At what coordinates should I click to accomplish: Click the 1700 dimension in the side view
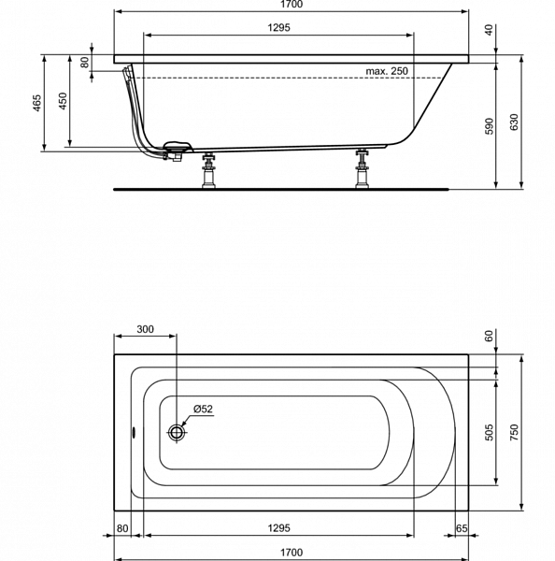[292, 5]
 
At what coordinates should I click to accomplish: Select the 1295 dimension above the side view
[279, 27]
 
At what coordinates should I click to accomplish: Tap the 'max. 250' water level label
[387, 71]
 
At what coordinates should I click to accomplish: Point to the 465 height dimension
[37, 103]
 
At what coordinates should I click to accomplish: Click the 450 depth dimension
[63, 101]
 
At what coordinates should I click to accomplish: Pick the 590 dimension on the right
[489, 126]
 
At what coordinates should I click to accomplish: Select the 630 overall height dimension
[514, 122]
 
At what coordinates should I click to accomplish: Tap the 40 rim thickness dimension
[489, 30]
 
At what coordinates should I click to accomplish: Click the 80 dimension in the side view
[84, 63]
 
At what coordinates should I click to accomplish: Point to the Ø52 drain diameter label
[203, 409]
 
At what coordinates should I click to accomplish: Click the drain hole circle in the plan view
[177, 432]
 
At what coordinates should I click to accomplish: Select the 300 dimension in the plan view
[145, 329]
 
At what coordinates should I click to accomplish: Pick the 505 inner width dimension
[490, 432]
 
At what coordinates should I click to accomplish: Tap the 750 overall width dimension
[514, 432]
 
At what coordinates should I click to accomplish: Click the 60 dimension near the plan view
[489, 336]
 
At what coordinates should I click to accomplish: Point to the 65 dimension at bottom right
[462, 528]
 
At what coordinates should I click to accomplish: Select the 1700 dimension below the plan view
[292, 553]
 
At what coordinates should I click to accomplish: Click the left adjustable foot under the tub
[208, 170]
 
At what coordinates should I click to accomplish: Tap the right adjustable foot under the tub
[363, 168]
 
